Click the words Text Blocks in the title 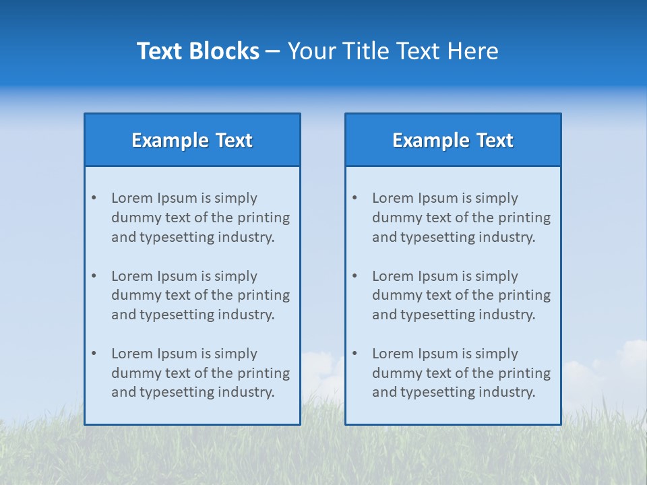click(x=198, y=51)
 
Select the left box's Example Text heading click(x=192, y=140)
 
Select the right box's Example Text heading click(x=453, y=140)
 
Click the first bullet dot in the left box click(x=94, y=198)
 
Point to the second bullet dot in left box click(x=94, y=276)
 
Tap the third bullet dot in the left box click(x=94, y=354)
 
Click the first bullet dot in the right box click(x=355, y=198)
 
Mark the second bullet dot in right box click(x=355, y=276)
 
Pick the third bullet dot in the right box click(x=355, y=354)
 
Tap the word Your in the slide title click(x=313, y=51)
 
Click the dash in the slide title click(x=273, y=52)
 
